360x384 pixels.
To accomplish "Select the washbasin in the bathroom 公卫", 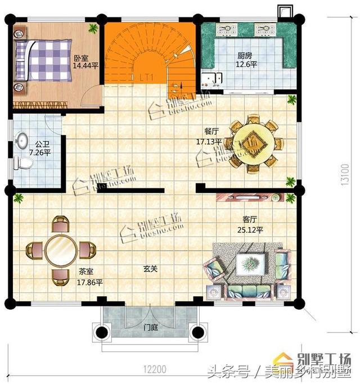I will tap(23, 139).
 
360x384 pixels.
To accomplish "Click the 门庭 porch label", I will tap(150, 326).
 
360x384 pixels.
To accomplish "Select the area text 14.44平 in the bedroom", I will tap(85, 65).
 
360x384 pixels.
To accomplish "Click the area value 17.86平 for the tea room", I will tap(89, 282).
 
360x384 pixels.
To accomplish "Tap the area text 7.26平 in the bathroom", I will tap(40, 152).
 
